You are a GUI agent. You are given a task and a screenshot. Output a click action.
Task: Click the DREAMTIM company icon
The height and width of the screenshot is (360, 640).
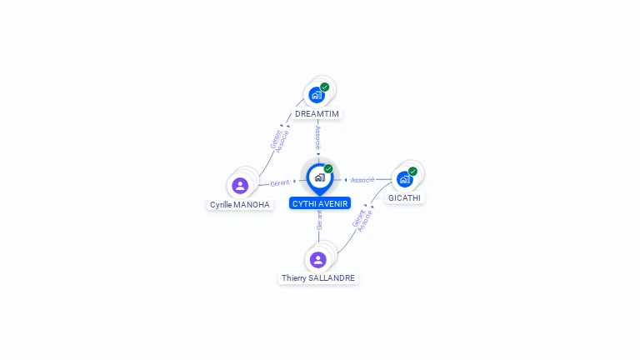click(x=317, y=94)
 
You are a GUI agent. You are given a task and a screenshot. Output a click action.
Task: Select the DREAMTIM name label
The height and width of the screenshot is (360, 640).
click(x=317, y=113)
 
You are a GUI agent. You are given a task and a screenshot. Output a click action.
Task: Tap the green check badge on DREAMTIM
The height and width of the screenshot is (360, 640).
click(x=324, y=87)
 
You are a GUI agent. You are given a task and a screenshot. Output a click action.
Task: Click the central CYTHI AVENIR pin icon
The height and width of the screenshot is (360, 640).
click(x=319, y=177)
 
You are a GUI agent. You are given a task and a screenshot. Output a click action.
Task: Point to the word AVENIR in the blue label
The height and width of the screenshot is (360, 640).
click(x=332, y=203)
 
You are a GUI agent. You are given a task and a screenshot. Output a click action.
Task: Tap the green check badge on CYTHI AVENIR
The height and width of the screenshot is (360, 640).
click(x=328, y=169)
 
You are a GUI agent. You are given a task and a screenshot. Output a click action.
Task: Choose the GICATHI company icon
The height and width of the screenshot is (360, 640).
click(x=404, y=178)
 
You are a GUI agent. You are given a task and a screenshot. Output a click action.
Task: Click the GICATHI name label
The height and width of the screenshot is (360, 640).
click(x=405, y=198)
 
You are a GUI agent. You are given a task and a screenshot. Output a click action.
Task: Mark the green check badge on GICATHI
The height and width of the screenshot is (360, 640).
click(x=412, y=172)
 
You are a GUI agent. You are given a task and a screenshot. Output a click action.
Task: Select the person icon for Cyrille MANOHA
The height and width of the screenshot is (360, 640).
click(x=240, y=185)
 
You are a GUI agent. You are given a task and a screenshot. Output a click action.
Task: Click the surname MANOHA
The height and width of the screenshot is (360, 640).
click(x=252, y=204)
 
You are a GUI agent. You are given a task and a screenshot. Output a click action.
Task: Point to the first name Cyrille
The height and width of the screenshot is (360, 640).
click(x=221, y=204)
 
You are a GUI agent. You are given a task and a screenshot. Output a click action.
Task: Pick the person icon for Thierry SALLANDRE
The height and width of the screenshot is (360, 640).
click(x=317, y=259)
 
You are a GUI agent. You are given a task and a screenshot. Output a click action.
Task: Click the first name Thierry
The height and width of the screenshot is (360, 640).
click(x=294, y=277)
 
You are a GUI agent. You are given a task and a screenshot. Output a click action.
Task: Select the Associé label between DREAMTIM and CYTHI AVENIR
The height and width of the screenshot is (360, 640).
click(x=317, y=137)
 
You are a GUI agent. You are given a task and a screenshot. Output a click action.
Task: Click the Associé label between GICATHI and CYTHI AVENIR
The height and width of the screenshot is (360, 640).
click(x=362, y=180)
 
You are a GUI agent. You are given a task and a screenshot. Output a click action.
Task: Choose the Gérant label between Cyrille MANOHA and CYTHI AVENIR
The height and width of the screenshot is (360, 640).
click(x=280, y=182)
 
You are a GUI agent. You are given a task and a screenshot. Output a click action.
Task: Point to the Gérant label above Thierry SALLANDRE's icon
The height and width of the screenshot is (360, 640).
click(x=319, y=220)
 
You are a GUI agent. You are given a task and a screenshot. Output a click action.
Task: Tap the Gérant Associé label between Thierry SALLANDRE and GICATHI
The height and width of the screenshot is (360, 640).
click(x=361, y=218)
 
